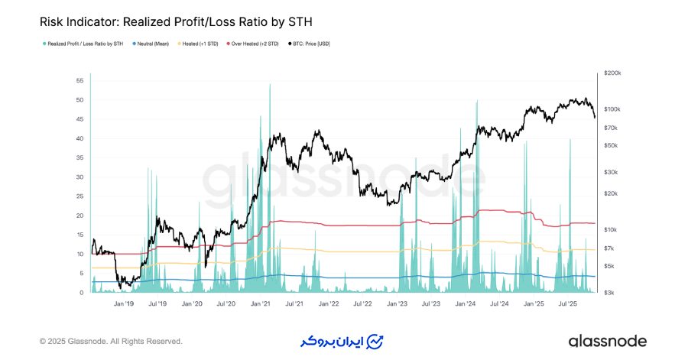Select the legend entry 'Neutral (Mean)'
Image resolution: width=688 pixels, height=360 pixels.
click(153, 44)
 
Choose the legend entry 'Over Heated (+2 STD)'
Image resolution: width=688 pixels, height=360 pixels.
click(255, 44)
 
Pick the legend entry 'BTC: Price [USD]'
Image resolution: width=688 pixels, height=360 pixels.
click(310, 44)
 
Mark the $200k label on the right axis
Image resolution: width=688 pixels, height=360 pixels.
click(612, 73)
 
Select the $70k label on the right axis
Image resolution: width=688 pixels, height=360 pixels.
click(611, 128)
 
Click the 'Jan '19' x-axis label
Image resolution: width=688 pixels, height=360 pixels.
click(125, 303)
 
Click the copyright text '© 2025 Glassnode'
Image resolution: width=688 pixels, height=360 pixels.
click(111, 341)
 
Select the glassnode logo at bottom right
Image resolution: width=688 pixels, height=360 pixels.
click(607, 341)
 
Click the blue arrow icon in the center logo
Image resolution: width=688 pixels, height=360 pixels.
click(375, 341)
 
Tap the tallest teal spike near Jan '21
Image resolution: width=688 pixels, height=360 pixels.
click(270, 85)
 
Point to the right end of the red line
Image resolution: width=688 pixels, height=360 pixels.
click(594, 223)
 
